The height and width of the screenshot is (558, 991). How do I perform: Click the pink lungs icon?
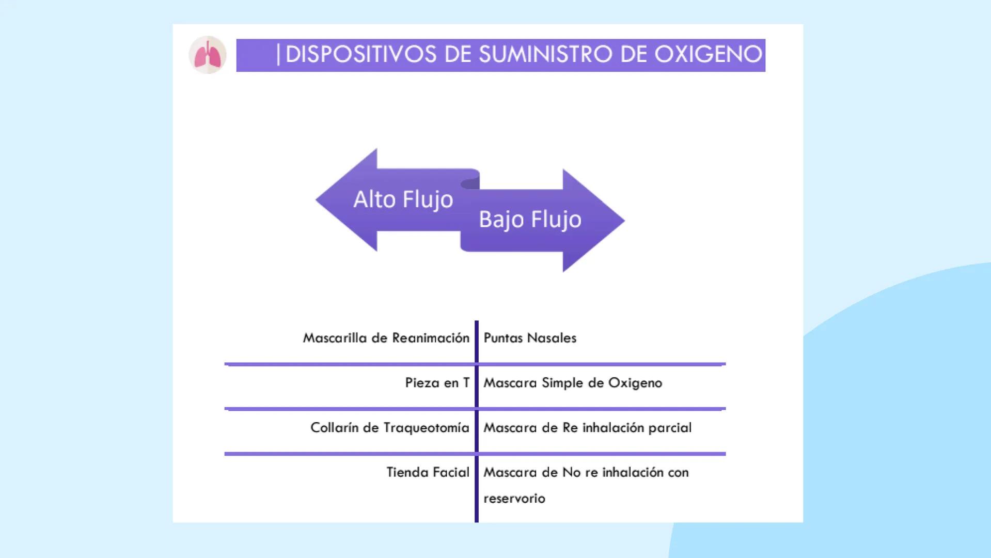[x=208, y=55]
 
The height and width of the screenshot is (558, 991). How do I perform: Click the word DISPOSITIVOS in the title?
[x=360, y=55]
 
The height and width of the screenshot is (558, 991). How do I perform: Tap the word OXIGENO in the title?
[x=708, y=55]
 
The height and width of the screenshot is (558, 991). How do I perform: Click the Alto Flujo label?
[x=403, y=200]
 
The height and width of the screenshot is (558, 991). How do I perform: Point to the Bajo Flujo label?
[x=530, y=220]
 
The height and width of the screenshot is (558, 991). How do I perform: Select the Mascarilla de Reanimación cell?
[x=386, y=338]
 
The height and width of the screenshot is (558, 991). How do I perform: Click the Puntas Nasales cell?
[x=530, y=338]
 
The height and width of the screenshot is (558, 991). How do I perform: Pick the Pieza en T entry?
[x=437, y=383]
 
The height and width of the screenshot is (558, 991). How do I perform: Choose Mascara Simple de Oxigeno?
[x=572, y=383]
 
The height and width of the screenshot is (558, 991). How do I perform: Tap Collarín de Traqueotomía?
[x=389, y=428]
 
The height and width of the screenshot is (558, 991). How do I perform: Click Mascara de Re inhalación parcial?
[x=587, y=428]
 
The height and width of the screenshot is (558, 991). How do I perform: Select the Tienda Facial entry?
[x=428, y=473]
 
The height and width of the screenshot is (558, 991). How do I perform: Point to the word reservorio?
[x=514, y=499]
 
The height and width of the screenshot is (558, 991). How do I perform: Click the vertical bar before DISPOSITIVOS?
[x=278, y=55]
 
